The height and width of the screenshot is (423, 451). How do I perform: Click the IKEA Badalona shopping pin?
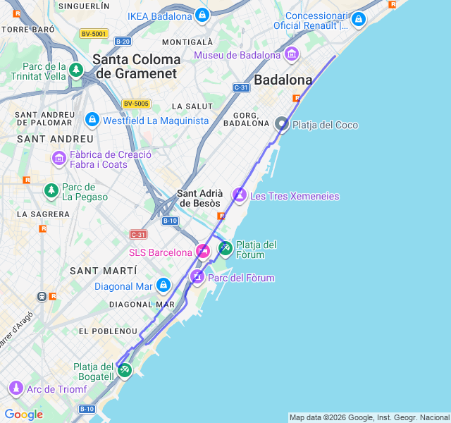(x=202, y=15)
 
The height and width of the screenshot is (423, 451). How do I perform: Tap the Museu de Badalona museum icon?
(x=292, y=54)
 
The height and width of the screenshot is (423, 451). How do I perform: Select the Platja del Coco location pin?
(x=282, y=124)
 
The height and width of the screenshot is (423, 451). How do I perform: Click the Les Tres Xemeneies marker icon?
(x=240, y=195)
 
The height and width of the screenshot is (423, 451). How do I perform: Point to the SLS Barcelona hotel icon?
(x=203, y=252)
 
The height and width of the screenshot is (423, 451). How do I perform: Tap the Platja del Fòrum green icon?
(x=225, y=247)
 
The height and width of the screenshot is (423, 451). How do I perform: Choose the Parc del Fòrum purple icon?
(x=197, y=277)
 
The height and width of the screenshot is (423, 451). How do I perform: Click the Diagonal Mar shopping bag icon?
(x=163, y=286)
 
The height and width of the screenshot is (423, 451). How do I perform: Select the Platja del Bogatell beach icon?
(x=125, y=369)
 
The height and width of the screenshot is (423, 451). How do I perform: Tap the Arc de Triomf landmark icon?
(x=16, y=388)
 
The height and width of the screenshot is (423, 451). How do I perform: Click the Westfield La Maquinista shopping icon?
(x=92, y=120)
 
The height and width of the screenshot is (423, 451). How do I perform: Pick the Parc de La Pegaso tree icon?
(x=51, y=190)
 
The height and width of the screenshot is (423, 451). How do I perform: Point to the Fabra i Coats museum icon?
(x=58, y=159)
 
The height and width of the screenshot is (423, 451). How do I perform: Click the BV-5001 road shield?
(x=93, y=33)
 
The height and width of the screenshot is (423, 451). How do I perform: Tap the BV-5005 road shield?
(x=136, y=104)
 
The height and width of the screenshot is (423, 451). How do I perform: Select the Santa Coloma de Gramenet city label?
(x=137, y=66)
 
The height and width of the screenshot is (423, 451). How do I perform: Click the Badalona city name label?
(x=283, y=80)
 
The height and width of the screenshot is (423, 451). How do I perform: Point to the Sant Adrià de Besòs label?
(x=200, y=198)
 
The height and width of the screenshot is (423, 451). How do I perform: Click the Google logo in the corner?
(x=23, y=414)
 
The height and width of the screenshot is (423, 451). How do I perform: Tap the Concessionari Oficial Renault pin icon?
(x=358, y=19)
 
